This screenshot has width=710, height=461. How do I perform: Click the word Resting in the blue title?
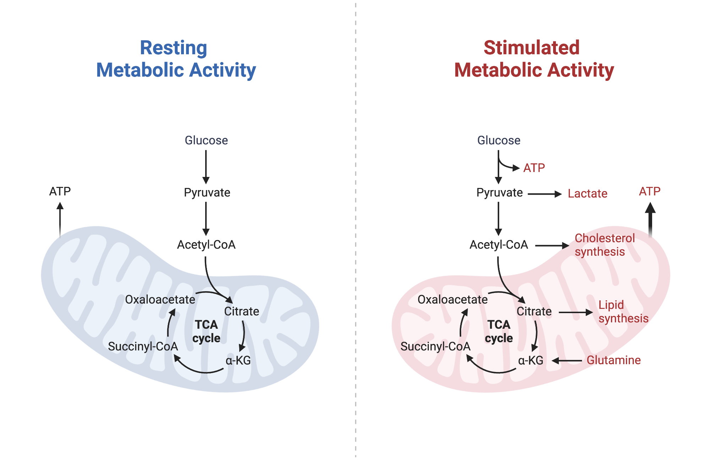tap(173, 48)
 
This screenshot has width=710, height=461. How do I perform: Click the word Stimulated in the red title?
tap(531, 48)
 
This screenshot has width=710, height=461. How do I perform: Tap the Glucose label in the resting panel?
tap(206, 140)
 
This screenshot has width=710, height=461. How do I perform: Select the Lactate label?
tap(587, 194)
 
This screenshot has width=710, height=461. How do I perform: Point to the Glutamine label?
tap(613, 360)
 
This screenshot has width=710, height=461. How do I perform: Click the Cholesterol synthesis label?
tap(604, 245)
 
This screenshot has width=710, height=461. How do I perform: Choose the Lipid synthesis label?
tap(623, 312)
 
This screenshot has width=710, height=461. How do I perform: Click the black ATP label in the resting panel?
tap(60, 191)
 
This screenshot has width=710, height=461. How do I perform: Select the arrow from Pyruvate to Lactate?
tap(545, 194)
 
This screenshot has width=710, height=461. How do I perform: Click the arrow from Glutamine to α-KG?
tap(567, 361)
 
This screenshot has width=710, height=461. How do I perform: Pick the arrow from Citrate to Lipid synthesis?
tap(575, 312)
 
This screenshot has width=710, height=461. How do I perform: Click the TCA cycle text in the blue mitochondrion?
tap(206, 331)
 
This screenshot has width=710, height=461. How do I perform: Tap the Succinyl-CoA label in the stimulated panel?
tap(435, 346)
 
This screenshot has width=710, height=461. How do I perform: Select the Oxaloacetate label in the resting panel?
tap(160, 300)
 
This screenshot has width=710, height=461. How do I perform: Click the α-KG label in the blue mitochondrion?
tap(238, 361)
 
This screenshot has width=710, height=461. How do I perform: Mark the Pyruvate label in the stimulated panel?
tap(499, 193)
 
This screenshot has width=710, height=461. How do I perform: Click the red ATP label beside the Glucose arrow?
tap(534, 168)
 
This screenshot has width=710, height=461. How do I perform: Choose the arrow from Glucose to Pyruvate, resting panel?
tap(206, 167)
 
